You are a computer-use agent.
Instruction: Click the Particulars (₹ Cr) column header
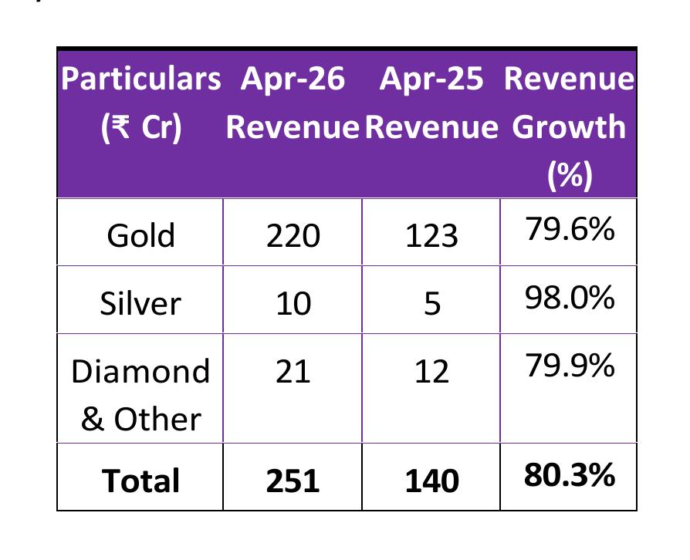[140, 103]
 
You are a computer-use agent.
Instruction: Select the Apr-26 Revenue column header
[293, 103]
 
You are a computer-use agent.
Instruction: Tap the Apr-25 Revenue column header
[431, 103]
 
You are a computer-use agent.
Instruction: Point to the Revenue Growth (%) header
[569, 126]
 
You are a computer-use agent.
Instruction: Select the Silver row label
[140, 303]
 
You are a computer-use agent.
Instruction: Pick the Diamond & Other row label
[140, 394]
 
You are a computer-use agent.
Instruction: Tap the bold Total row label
[140, 480]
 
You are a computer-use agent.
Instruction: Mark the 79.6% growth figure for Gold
[570, 229]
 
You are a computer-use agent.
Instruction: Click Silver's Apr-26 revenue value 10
[293, 303]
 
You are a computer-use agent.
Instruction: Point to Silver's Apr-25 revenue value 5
[432, 303]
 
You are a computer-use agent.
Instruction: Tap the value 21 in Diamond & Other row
[293, 372]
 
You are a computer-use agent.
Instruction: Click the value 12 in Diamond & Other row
[431, 372]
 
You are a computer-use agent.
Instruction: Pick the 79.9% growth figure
[570, 366]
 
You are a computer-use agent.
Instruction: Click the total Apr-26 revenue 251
[293, 480]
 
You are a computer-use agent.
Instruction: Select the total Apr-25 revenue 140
[431, 480]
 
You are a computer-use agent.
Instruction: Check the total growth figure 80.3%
[570, 474]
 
